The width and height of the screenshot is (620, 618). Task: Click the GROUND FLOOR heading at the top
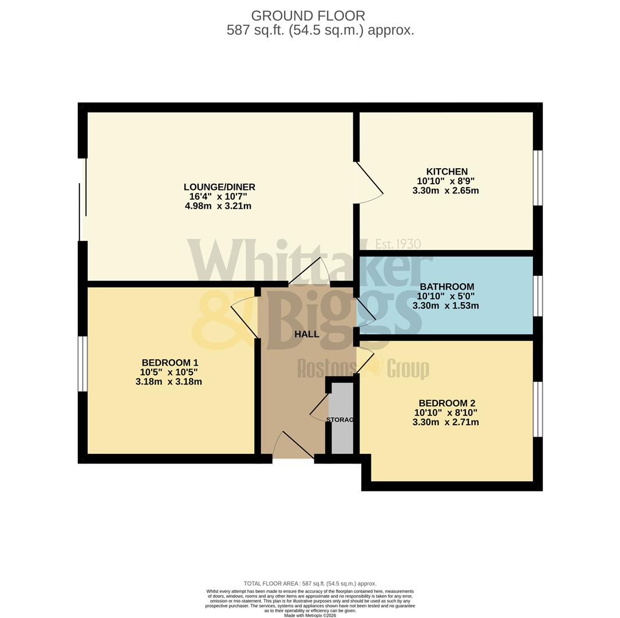tap(307, 16)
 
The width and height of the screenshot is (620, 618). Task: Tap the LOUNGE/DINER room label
tap(219, 187)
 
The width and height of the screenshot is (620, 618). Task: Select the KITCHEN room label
tap(447, 172)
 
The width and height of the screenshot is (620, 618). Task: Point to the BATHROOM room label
tap(447, 287)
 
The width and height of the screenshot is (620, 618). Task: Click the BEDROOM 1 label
tap(169, 363)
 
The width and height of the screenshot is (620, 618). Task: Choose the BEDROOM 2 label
tap(447, 403)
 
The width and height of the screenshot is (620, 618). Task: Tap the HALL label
tap(306, 334)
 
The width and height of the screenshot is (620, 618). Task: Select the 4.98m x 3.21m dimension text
tap(218, 206)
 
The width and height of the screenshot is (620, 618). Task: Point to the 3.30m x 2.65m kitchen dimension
tap(445, 191)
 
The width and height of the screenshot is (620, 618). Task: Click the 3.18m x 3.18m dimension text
tap(168, 382)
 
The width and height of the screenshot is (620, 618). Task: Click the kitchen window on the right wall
tap(538, 177)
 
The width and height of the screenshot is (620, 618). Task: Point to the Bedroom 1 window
tap(83, 364)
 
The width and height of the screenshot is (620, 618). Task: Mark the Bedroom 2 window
tap(538, 409)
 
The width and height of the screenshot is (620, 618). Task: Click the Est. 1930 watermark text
tap(398, 244)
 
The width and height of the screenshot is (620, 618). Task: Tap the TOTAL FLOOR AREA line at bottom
tap(310, 584)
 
